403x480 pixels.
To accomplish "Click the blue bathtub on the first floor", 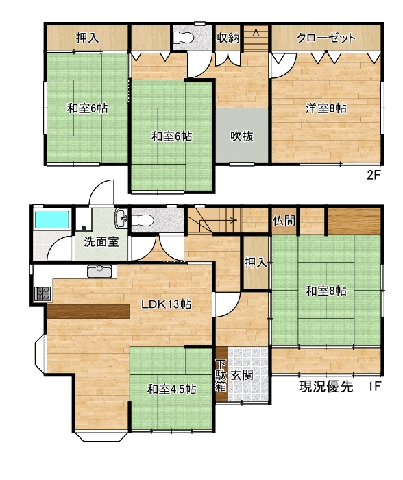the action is tap(51, 219).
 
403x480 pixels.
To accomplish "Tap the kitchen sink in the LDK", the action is tap(102, 271).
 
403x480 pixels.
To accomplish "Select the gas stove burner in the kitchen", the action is tap(42, 293).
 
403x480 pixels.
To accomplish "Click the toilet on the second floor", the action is tap(184, 38).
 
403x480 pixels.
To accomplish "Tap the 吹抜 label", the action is tap(242, 136).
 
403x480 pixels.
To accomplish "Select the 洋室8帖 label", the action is tap(326, 108).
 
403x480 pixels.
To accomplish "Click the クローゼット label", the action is tap(326, 38).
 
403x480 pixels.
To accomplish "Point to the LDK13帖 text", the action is tap(166, 304).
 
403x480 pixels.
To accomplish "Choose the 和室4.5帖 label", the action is tap(171, 389).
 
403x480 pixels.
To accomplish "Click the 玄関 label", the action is tap(242, 375).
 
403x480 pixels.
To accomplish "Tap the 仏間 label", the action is tap(284, 220).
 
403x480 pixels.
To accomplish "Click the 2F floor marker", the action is tap(374, 175).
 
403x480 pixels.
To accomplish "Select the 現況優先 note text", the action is tap(326, 387).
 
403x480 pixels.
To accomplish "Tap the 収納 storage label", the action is tap(228, 38).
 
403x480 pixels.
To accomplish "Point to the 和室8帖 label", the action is tap(326, 291).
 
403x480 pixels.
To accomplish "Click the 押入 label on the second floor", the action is tap(87, 38).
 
